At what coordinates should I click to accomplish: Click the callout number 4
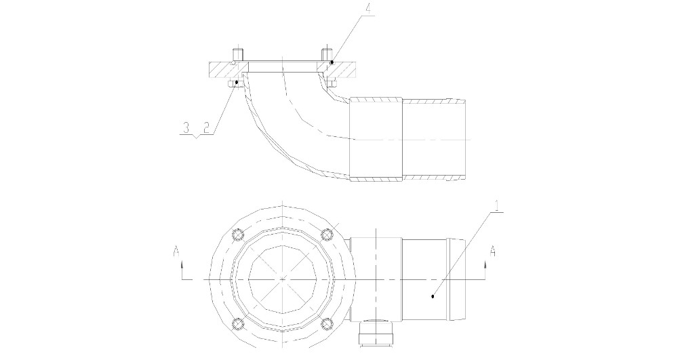370,8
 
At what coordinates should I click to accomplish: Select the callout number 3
186,127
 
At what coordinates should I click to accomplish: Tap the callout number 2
206,127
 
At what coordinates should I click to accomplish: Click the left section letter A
176,251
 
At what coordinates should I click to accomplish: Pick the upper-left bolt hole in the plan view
237,235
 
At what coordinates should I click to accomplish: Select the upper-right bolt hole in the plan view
327,235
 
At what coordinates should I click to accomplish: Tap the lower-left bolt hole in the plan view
237,323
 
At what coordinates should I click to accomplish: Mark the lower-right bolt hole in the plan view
327,323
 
